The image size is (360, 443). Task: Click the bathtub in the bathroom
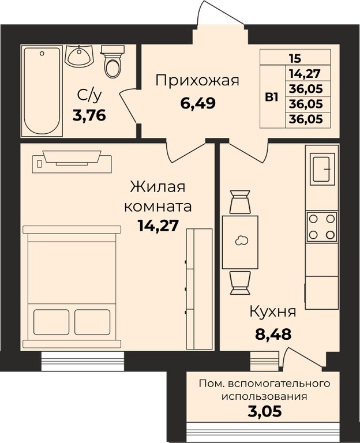click(x=42, y=91)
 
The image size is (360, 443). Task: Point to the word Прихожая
click(x=197, y=80)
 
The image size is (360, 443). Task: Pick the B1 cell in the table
click(x=272, y=96)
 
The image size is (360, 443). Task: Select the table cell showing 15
click(x=295, y=57)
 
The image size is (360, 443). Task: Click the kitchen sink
click(x=324, y=168)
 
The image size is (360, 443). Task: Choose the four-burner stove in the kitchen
click(x=322, y=227)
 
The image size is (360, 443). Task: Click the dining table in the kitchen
click(x=240, y=242)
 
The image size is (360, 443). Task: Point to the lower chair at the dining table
click(x=239, y=282)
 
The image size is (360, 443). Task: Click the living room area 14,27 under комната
click(x=156, y=224)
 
